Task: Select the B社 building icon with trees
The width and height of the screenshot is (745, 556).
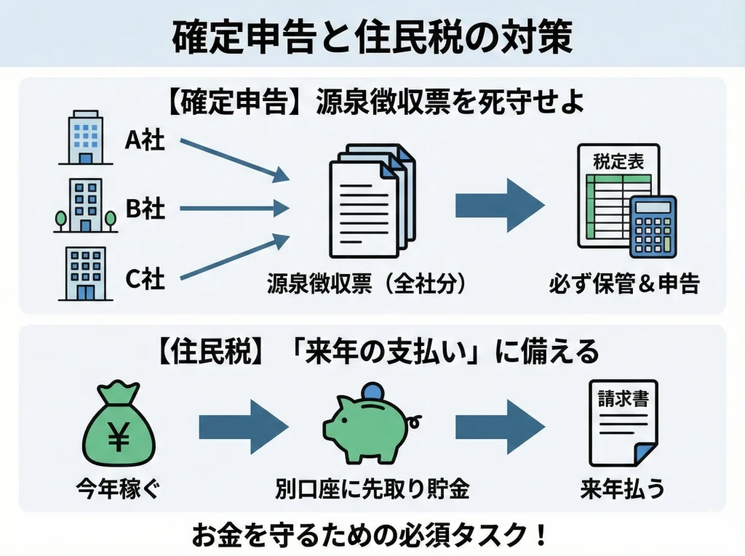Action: tap(85, 206)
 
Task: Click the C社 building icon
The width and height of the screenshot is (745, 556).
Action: tap(85, 274)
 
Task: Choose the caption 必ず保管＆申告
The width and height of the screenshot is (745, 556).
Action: tap(624, 283)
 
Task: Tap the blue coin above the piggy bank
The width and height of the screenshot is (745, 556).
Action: tap(372, 390)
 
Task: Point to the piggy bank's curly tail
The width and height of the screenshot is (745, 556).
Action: tap(415, 420)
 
